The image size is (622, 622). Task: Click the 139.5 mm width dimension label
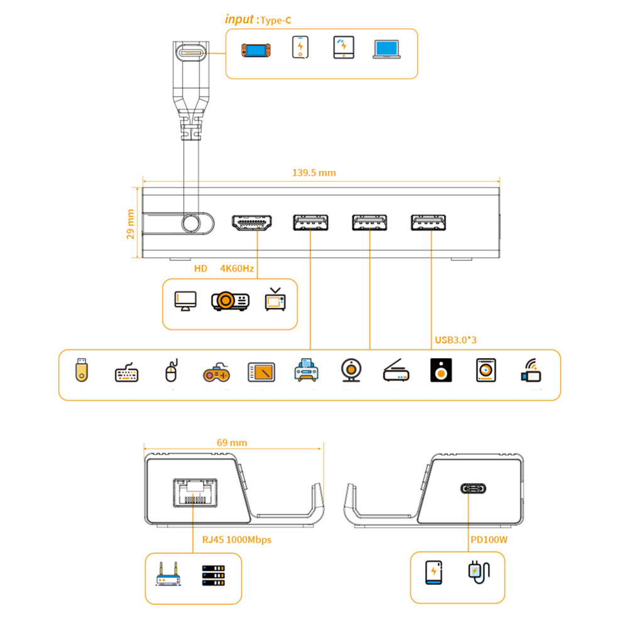click(x=314, y=173)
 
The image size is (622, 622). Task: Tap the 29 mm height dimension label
click(x=131, y=224)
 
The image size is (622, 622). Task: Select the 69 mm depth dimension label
click(x=232, y=443)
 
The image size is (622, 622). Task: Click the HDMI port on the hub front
click(x=252, y=222)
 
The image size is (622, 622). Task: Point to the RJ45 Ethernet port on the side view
click(x=195, y=493)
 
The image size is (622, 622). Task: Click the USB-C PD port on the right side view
click(x=473, y=488)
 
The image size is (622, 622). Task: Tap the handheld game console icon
click(x=256, y=50)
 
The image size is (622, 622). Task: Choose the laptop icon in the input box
click(x=387, y=49)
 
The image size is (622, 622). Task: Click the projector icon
click(x=230, y=301)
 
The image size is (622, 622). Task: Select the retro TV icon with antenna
click(x=275, y=300)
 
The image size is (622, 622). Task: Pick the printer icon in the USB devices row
click(x=306, y=370)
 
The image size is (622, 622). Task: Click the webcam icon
click(x=351, y=370)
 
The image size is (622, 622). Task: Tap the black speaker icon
click(x=441, y=370)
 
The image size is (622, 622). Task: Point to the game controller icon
click(x=216, y=373)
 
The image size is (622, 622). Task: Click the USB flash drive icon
click(x=81, y=369)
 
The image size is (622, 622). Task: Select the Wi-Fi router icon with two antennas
click(x=168, y=574)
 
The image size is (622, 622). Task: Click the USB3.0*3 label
click(x=456, y=340)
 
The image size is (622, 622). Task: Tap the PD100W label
click(x=489, y=540)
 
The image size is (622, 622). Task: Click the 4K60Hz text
click(x=237, y=268)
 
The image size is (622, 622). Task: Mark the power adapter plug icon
click(x=479, y=572)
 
